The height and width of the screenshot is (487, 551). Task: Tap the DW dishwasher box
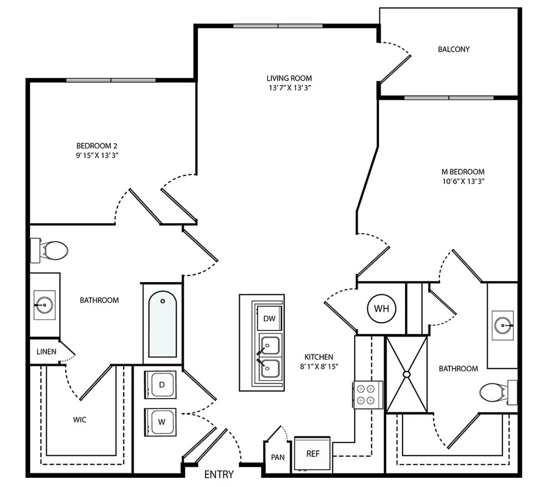[x=270, y=319]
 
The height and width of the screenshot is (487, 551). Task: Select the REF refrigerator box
[x=313, y=454]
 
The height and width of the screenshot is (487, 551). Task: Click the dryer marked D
[x=161, y=385]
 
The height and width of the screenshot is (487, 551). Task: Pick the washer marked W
[x=161, y=421]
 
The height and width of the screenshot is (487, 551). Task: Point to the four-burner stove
[x=368, y=394]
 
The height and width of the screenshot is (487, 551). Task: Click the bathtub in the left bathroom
[x=163, y=324]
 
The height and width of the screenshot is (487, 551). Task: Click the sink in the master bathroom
[x=503, y=325]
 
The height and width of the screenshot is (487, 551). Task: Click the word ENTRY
[x=220, y=475]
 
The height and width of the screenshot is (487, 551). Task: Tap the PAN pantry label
[x=278, y=457]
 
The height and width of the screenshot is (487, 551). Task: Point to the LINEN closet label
[x=46, y=351]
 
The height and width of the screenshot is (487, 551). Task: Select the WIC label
[x=80, y=419]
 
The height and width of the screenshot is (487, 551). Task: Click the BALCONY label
[x=454, y=49]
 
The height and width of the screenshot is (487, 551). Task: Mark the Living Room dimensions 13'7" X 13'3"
[x=289, y=88]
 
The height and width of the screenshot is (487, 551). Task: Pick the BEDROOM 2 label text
[x=97, y=145]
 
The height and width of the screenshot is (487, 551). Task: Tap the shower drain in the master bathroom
[x=407, y=374]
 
